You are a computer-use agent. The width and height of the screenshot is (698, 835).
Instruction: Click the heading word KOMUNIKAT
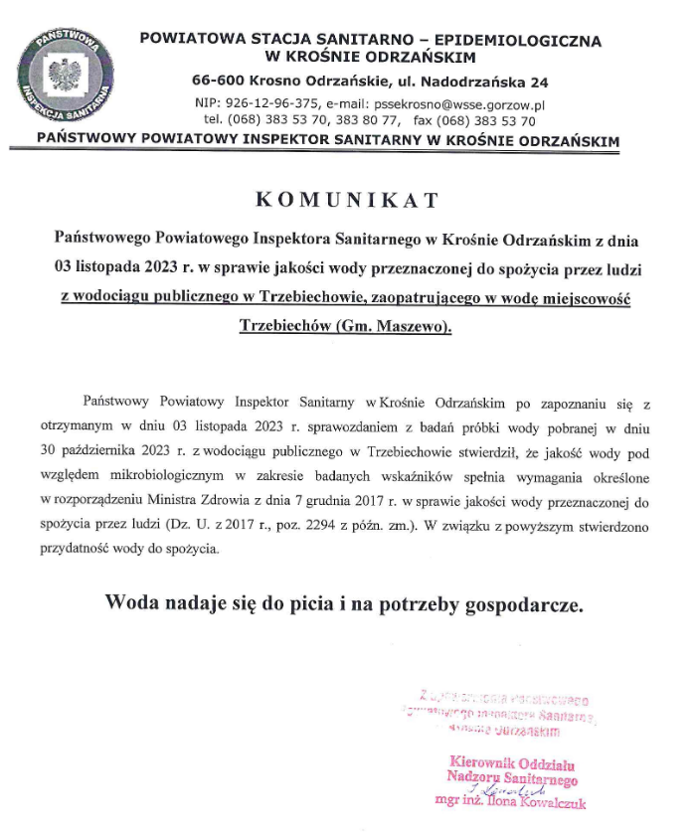[347, 200]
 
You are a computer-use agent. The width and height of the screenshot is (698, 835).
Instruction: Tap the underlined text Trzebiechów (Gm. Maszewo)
[346, 325]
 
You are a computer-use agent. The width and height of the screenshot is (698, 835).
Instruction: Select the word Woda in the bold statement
[130, 602]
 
